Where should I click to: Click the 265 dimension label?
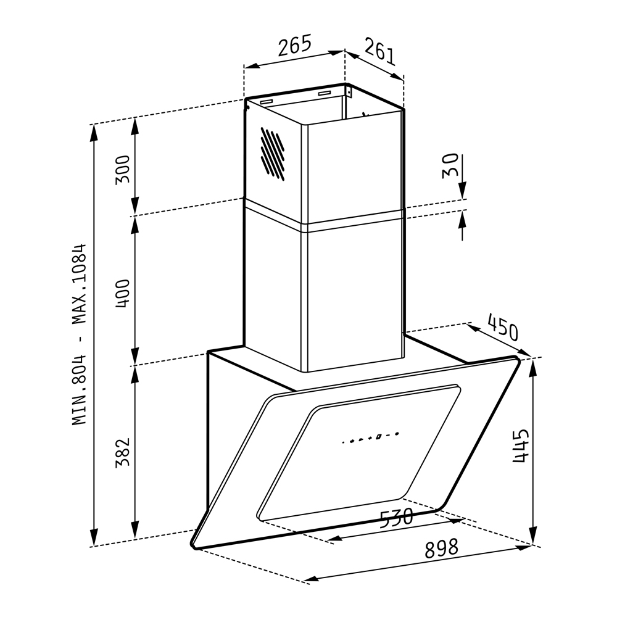(x=295, y=45)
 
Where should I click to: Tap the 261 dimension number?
(x=379, y=51)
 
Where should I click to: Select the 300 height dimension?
(x=122, y=169)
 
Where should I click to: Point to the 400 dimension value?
(x=122, y=294)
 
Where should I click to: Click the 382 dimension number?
(x=122, y=452)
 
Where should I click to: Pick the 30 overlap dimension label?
(x=450, y=165)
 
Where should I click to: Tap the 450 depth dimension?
(x=503, y=327)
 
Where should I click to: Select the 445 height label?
(x=520, y=446)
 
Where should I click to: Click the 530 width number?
(x=397, y=518)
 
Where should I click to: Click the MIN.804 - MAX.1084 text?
(x=79, y=334)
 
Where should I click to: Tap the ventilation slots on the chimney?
(x=273, y=154)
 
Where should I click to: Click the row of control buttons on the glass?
(x=370, y=438)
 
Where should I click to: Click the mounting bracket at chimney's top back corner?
(x=348, y=91)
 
